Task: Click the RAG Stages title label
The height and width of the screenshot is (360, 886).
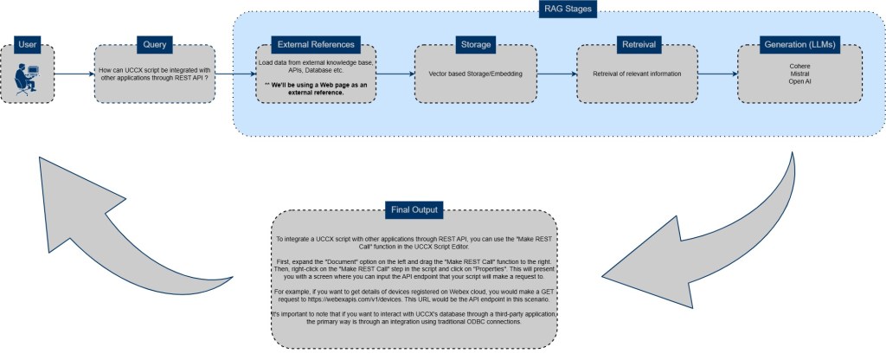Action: click(556, 10)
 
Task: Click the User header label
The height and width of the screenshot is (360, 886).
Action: click(28, 44)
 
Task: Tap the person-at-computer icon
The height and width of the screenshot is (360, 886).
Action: click(26, 80)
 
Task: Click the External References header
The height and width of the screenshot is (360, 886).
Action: click(315, 44)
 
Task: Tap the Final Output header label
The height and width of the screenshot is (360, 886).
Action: click(413, 209)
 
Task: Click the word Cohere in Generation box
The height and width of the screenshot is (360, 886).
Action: click(799, 65)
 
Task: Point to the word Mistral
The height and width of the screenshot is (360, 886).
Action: click(799, 74)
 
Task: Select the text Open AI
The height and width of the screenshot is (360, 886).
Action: click(799, 82)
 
